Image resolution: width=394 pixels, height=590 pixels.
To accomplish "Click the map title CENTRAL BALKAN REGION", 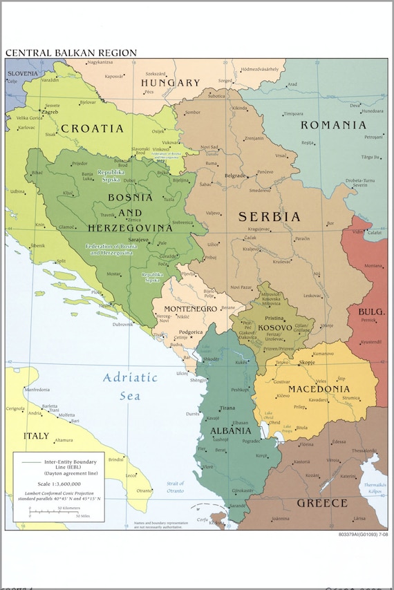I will click(71, 53).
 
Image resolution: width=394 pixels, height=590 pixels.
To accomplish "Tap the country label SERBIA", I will click(269, 217).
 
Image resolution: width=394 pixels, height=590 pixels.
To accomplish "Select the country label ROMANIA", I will click(333, 125).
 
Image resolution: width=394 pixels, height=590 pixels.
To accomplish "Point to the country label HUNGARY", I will click(171, 83).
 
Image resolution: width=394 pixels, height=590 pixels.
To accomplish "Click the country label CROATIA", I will click(92, 129).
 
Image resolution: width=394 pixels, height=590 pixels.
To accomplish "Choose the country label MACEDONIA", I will click(319, 389).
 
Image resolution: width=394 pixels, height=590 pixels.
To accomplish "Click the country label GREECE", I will click(321, 503).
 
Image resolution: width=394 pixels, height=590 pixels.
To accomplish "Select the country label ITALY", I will click(37, 436).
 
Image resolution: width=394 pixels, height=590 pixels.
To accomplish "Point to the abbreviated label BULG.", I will click(371, 312).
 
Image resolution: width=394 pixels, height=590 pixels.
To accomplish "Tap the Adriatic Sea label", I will click(130, 386).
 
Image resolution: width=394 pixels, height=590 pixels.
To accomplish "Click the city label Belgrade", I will click(234, 175).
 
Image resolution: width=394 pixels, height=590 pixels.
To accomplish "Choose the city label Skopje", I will click(308, 362).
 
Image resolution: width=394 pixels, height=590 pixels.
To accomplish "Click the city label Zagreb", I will click(50, 111).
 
